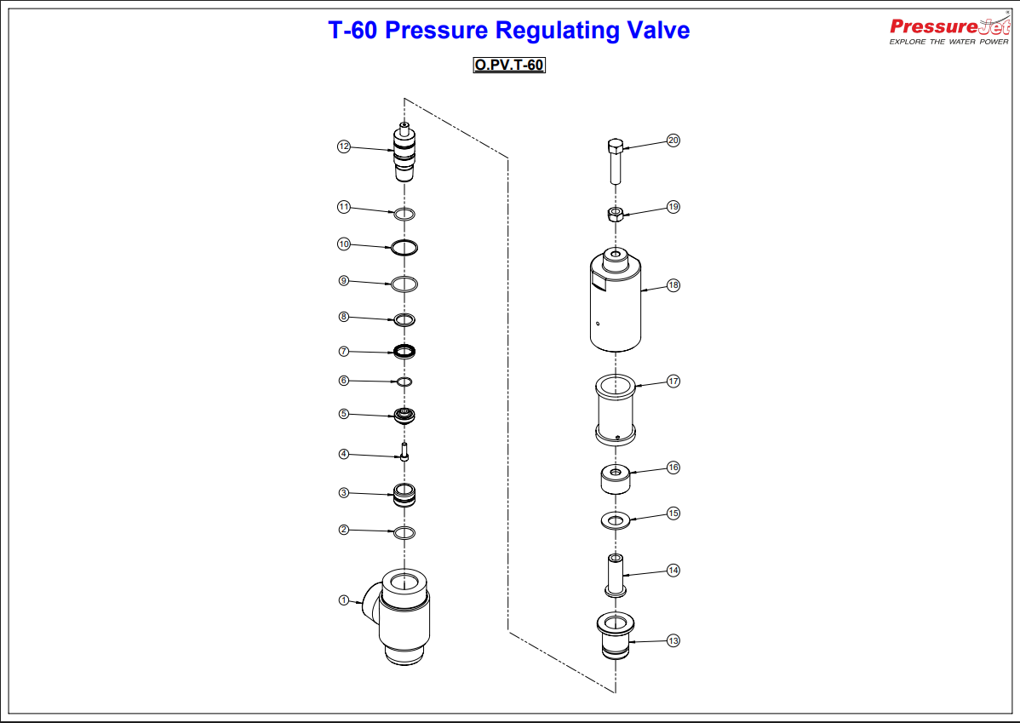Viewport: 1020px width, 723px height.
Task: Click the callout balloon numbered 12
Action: pyautogui.click(x=344, y=146)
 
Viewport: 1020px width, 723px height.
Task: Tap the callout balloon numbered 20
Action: pyautogui.click(x=673, y=141)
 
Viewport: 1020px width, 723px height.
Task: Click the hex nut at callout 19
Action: pyautogui.click(x=616, y=214)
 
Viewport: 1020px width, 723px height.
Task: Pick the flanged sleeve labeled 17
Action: pyautogui.click(x=616, y=409)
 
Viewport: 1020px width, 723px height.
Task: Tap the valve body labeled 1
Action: pyautogui.click(x=404, y=617)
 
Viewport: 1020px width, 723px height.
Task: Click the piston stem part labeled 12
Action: pyautogui.click(x=404, y=154)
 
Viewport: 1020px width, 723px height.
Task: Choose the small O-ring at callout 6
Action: pyautogui.click(x=404, y=381)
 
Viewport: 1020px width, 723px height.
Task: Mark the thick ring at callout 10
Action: pyautogui.click(x=404, y=247)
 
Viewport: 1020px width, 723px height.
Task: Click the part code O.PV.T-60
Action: pyautogui.click(x=509, y=66)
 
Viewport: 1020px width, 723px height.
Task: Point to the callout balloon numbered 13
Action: pyautogui.click(x=673, y=640)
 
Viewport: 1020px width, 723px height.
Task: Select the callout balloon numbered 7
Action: pyautogui.click(x=344, y=351)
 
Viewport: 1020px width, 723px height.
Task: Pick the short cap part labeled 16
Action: pyautogui.click(x=616, y=479)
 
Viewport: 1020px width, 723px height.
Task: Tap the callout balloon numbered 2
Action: pyautogui.click(x=344, y=529)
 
